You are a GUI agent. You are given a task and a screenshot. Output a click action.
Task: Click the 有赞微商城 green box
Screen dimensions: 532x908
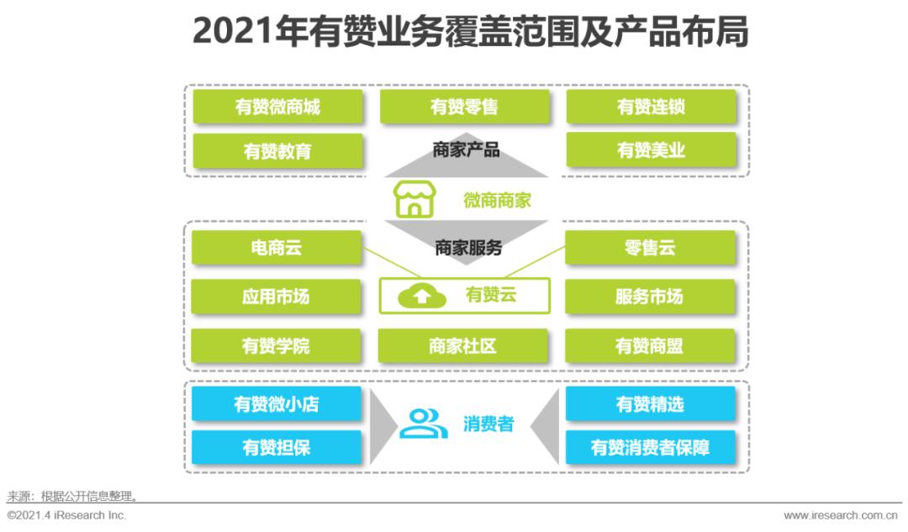pyautogui.click(x=277, y=107)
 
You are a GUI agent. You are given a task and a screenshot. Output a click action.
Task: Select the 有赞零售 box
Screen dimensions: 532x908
pyautogui.click(x=464, y=107)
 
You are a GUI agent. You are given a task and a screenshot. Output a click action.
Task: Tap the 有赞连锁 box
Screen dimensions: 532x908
pyautogui.click(x=651, y=107)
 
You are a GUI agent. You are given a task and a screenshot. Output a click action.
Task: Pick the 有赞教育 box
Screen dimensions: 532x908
pyautogui.click(x=277, y=150)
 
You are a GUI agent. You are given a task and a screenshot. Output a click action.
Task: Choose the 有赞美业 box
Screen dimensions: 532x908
pyautogui.click(x=651, y=150)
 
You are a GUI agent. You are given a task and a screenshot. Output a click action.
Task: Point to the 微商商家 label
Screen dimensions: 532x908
pyautogui.click(x=497, y=201)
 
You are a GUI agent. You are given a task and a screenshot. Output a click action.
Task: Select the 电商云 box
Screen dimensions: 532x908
pyautogui.click(x=276, y=248)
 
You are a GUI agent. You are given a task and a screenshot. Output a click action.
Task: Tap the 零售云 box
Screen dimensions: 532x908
pyautogui.click(x=650, y=248)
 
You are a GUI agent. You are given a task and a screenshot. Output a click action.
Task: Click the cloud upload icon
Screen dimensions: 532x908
pyautogui.click(x=420, y=296)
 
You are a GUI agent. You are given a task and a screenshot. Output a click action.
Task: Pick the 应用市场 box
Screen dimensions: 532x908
pyautogui.click(x=276, y=297)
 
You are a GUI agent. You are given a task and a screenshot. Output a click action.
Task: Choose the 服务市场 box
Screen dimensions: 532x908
pyautogui.click(x=650, y=297)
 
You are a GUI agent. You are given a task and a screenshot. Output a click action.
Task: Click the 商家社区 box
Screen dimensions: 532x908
pyautogui.click(x=462, y=346)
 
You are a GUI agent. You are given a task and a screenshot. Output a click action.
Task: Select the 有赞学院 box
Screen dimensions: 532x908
pyautogui.click(x=276, y=346)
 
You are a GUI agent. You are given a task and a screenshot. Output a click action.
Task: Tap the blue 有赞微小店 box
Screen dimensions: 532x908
pyautogui.click(x=276, y=404)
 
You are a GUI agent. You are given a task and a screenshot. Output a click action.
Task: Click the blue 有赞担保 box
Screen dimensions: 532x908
pyautogui.click(x=276, y=447)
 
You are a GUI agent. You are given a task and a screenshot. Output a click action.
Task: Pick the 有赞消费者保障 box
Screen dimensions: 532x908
pyautogui.click(x=650, y=447)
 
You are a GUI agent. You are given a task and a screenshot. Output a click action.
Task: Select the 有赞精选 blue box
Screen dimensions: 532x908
pyautogui.click(x=650, y=404)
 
